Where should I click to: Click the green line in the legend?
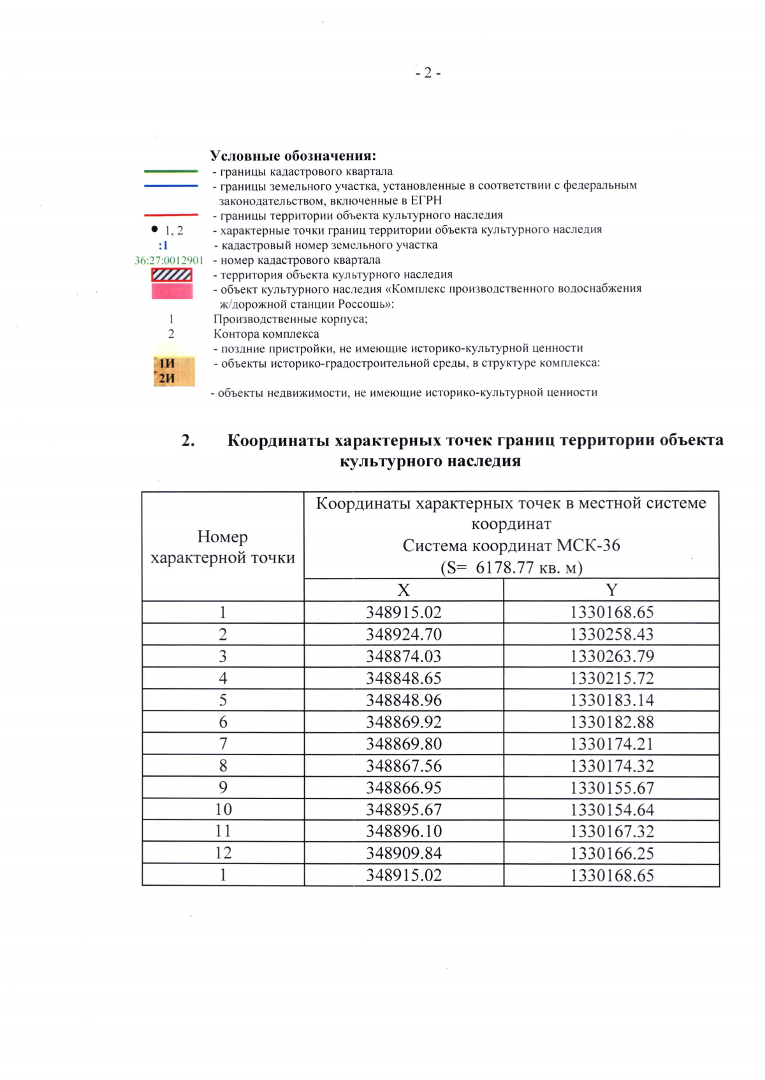point(171,171)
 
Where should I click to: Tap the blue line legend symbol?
point(171,186)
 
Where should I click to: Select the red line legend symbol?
point(171,215)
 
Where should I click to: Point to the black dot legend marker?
point(154,229)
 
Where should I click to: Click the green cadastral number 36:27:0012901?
point(169,261)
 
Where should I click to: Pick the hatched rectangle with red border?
point(171,275)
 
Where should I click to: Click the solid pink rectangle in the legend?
point(172,291)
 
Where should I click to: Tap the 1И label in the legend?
point(167,363)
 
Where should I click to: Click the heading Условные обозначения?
point(293,156)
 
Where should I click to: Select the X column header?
point(404,590)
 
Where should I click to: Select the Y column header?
point(611,590)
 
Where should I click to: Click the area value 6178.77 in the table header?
point(504,567)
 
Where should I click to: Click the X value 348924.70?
point(404,635)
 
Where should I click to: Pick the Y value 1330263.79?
point(611,656)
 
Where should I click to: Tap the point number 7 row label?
point(222,744)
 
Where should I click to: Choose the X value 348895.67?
point(404,810)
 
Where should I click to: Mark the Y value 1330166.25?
point(611,854)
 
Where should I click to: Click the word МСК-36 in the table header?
point(588,546)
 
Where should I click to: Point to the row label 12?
point(222,853)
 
